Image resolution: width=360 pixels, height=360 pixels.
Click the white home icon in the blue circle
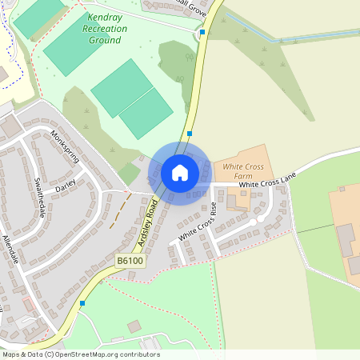pos(180,172)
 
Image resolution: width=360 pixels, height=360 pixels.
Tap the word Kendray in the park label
pos(106,16)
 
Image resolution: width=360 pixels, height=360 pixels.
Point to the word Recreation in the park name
pos(105,28)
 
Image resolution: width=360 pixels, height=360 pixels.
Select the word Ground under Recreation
pos(105,39)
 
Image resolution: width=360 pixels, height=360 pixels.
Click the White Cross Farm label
pos(243,171)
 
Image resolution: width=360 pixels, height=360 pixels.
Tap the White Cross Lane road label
pos(268,183)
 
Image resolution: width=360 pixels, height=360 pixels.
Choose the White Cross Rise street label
pos(197,223)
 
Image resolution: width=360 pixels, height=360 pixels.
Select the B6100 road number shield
pos(130,261)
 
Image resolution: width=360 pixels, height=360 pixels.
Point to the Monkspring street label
pos(66,146)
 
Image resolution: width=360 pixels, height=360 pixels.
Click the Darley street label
pos(64,186)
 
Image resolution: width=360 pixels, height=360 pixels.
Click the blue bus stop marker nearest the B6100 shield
pos(82,303)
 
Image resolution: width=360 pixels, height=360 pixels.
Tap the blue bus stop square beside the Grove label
pos(202,33)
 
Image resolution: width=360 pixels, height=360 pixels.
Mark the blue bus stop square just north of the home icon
pos(190,134)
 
